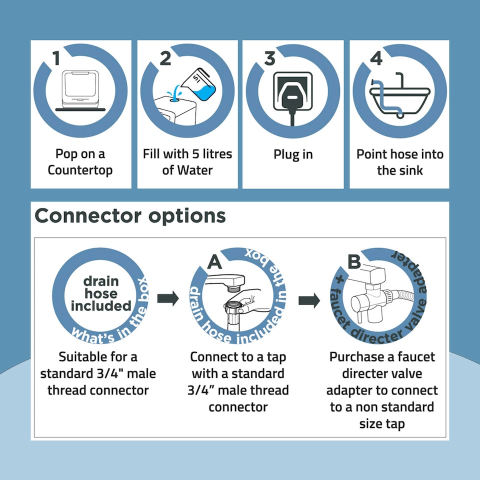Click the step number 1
coord(56,58)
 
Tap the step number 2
coord(165,58)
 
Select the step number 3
coord(269,58)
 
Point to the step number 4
coord(376,58)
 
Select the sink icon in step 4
coord(399,97)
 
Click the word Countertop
coord(80,170)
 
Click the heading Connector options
coord(130,216)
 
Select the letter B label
coord(354,261)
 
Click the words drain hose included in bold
coord(101,294)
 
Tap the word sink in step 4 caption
coord(410,170)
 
